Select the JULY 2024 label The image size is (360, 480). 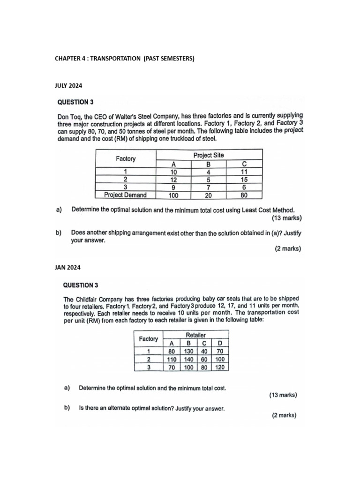click(68, 85)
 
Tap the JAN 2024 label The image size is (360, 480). click(67, 268)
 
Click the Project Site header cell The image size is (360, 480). click(209, 155)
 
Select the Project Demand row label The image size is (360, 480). click(125, 195)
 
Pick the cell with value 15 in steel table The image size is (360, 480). click(244, 180)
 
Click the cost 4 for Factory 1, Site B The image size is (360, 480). click(209, 172)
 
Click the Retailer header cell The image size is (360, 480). click(195, 335)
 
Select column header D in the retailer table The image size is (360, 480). click(220, 343)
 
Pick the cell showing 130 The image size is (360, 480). click(188, 351)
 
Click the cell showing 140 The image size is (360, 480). click(188, 359)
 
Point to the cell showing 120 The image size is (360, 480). click(220, 367)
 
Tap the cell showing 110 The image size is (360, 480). click(172, 359)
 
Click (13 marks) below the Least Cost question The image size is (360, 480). click(286, 218)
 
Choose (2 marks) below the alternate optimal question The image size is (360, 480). click(284, 415)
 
